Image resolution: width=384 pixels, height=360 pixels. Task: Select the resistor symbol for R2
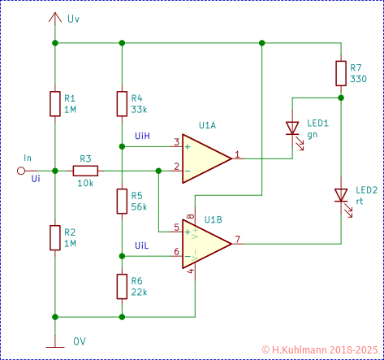(54, 237)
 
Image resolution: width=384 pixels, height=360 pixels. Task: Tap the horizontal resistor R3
(85, 171)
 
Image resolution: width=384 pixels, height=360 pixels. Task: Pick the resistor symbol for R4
(121, 103)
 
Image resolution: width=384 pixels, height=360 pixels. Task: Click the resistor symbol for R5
(121, 201)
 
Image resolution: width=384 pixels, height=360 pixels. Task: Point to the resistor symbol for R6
(121, 285)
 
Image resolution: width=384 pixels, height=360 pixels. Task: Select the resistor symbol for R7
(341, 73)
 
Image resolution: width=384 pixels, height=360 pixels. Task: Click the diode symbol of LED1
(292, 128)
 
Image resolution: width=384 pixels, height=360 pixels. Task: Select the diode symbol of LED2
(341, 196)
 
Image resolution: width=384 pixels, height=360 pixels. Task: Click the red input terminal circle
(22, 171)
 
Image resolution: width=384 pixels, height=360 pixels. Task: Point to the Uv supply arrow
(54, 18)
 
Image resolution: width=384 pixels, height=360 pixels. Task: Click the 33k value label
(139, 110)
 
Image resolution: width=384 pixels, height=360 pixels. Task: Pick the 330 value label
(359, 79)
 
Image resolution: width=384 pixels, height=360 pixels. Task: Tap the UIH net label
(141, 135)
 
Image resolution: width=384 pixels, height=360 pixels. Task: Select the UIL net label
(141, 245)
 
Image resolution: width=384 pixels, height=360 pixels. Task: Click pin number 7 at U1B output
(237, 239)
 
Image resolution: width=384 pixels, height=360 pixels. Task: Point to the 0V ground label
(80, 340)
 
